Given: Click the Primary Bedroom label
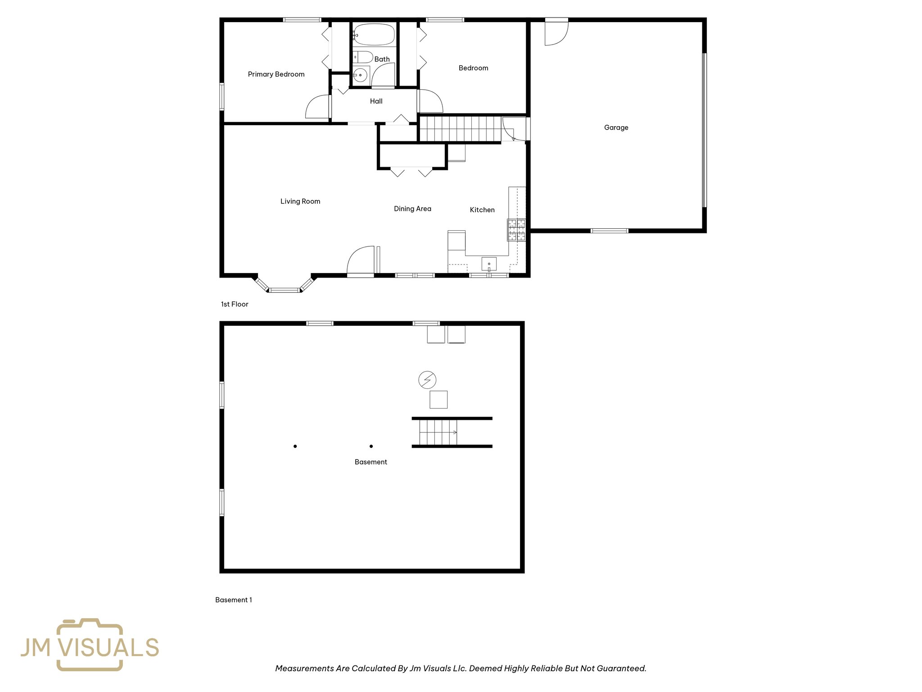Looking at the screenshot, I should [x=276, y=74].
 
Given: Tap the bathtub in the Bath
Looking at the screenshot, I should [x=374, y=34].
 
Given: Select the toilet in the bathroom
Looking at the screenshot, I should [x=363, y=57].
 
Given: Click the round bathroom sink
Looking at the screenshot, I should [x=360, y=75].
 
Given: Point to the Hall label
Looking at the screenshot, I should [x=376, y=101].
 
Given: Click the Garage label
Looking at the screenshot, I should [x=616, y=127].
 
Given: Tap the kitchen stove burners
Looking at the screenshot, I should [x=516, y=230].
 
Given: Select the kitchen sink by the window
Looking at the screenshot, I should [x=489, y=264].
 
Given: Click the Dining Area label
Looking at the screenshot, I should [x=412, y=209].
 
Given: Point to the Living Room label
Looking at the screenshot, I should [x=300, y=201].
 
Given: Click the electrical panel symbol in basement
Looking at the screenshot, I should [x=427, y=380].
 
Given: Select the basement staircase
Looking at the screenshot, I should [x=438, y=432].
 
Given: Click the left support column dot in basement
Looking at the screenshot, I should [x=295, y=446].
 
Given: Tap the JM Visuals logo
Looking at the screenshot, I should [x=90, y=645].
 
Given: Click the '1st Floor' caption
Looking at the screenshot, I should [x=235, y=304].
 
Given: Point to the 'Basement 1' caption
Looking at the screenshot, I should [x=233, y=600].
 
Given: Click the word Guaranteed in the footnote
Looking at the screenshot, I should [x=621, y=669].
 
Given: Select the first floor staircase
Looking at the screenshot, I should [x=460, y=128].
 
